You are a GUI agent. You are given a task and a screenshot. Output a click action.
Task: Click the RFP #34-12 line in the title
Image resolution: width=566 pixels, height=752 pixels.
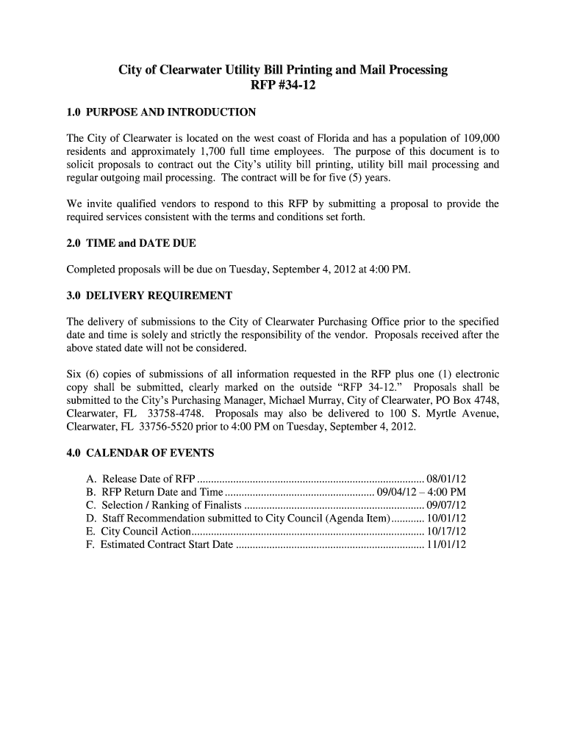(283, 86)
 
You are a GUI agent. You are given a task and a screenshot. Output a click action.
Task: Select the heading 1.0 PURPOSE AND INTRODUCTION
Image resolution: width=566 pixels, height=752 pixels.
(161, 112)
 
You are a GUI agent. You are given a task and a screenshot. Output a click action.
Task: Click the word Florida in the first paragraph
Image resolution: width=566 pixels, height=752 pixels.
(332, 138)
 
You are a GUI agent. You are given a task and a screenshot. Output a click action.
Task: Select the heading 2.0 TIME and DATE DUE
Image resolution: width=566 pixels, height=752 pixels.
(131, 242)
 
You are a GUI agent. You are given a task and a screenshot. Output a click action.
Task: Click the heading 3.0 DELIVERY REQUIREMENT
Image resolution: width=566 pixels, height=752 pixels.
(149, 295)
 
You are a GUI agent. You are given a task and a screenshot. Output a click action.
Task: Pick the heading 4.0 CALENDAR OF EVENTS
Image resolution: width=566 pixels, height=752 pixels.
(140, 452)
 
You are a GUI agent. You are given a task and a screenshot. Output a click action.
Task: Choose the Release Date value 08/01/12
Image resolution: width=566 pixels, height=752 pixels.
(447, 479)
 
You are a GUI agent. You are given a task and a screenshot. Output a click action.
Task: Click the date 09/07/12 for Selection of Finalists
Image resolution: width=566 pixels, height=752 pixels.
(447, 505)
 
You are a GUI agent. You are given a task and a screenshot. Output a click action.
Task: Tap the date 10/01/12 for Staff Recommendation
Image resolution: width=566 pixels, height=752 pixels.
(447, 518)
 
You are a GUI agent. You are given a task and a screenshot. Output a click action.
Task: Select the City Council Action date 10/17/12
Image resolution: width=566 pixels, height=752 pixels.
(447, 532)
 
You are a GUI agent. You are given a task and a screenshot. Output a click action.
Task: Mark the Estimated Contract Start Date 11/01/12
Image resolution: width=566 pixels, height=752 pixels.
(447, 545)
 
